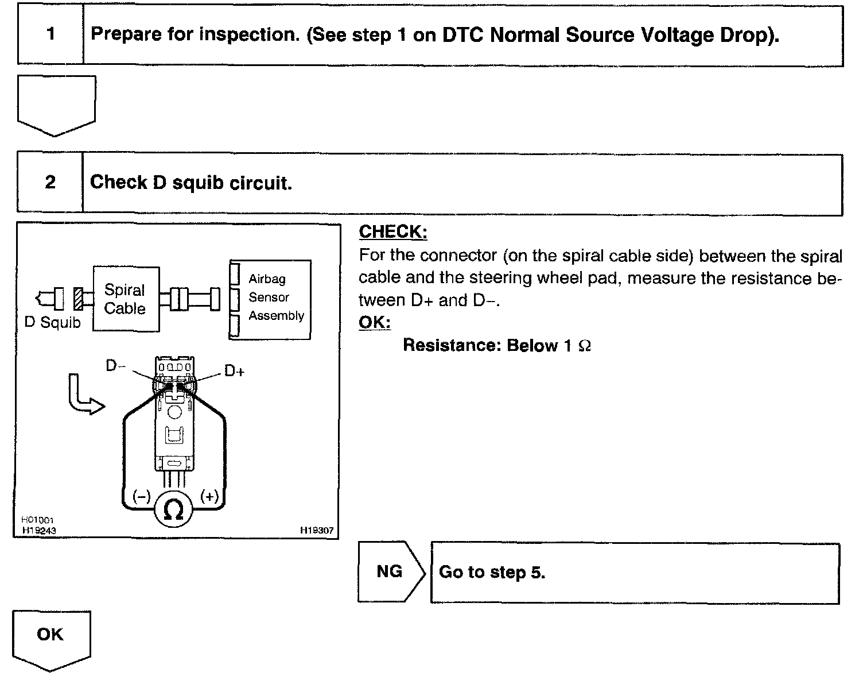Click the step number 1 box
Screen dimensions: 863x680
[50, 34]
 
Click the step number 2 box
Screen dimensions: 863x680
[50, 183]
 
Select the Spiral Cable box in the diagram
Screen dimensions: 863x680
[126, 299]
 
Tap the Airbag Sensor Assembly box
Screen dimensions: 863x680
[270, 299]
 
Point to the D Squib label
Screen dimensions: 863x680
[53, 323]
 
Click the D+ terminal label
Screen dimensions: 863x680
[234, 372]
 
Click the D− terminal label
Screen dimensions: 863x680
[115, 366]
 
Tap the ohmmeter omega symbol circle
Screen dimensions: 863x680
[173, 509]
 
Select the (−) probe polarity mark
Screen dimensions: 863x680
[141, 497]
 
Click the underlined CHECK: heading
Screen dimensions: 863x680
[393, 232]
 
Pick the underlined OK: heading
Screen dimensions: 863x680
[374, 322]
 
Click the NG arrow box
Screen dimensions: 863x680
[390, 571]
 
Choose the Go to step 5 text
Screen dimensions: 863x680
[492, 572]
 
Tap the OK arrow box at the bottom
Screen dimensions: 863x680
[50, 637]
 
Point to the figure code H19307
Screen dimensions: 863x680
[316, 531]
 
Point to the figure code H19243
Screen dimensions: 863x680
[39, 530]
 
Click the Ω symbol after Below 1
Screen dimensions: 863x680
[585, 346]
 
